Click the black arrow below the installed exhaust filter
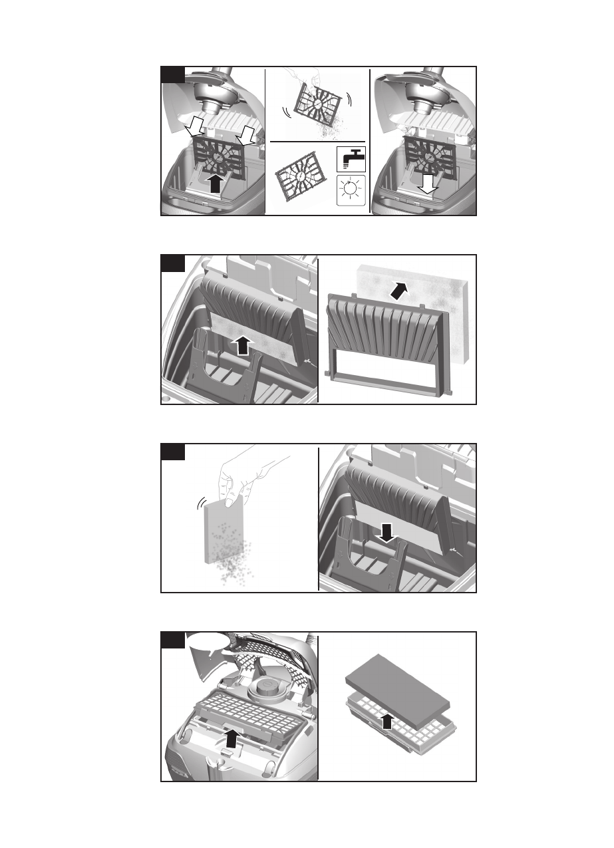(x=231, y=738)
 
